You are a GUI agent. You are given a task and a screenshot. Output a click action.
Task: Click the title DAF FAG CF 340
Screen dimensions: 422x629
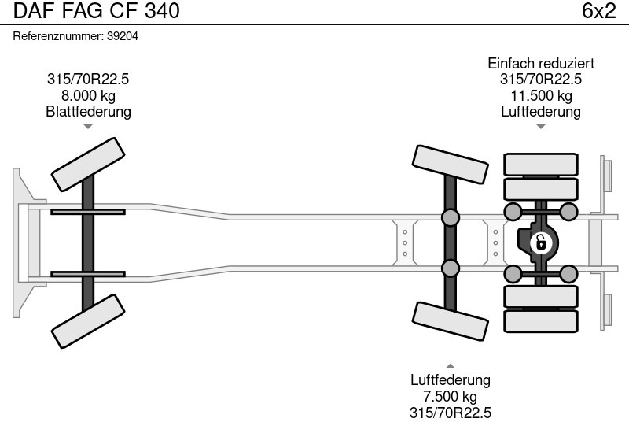pos(97,11)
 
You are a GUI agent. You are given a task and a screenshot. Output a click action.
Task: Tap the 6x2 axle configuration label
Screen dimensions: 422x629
pos(598,11)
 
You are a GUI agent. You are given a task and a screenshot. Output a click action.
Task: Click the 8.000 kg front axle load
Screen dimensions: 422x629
pos(88,96)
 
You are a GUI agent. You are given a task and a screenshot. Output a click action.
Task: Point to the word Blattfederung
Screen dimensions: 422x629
pos(88,112)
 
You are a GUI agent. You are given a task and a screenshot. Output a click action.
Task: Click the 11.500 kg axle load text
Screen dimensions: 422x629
pos(541,96)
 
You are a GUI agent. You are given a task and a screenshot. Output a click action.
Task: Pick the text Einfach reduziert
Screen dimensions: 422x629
pos(541,64)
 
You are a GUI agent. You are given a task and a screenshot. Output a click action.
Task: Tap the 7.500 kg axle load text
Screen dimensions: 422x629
pos(451,396)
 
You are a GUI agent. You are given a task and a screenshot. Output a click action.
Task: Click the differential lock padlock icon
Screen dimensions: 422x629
pos(540,242)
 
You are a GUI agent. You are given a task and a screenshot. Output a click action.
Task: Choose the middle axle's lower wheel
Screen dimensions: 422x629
pos(451,320)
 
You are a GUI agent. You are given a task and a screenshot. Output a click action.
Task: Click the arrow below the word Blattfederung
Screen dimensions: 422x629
pos(88,126)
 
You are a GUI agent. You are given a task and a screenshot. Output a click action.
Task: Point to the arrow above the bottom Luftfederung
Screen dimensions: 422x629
pos(451,365)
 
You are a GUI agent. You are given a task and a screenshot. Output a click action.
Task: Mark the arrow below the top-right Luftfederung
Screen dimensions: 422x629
pos(541,126)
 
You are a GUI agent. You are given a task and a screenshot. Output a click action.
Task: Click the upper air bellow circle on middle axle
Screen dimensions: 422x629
pos(451,217)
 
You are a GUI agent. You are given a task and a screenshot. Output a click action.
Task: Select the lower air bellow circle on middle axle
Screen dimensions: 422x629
pos(451,268)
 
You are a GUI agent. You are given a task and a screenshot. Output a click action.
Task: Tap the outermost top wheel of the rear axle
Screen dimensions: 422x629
pos(540,164)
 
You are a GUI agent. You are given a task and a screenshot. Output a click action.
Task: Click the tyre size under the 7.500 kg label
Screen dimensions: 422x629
pos(451,412)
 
